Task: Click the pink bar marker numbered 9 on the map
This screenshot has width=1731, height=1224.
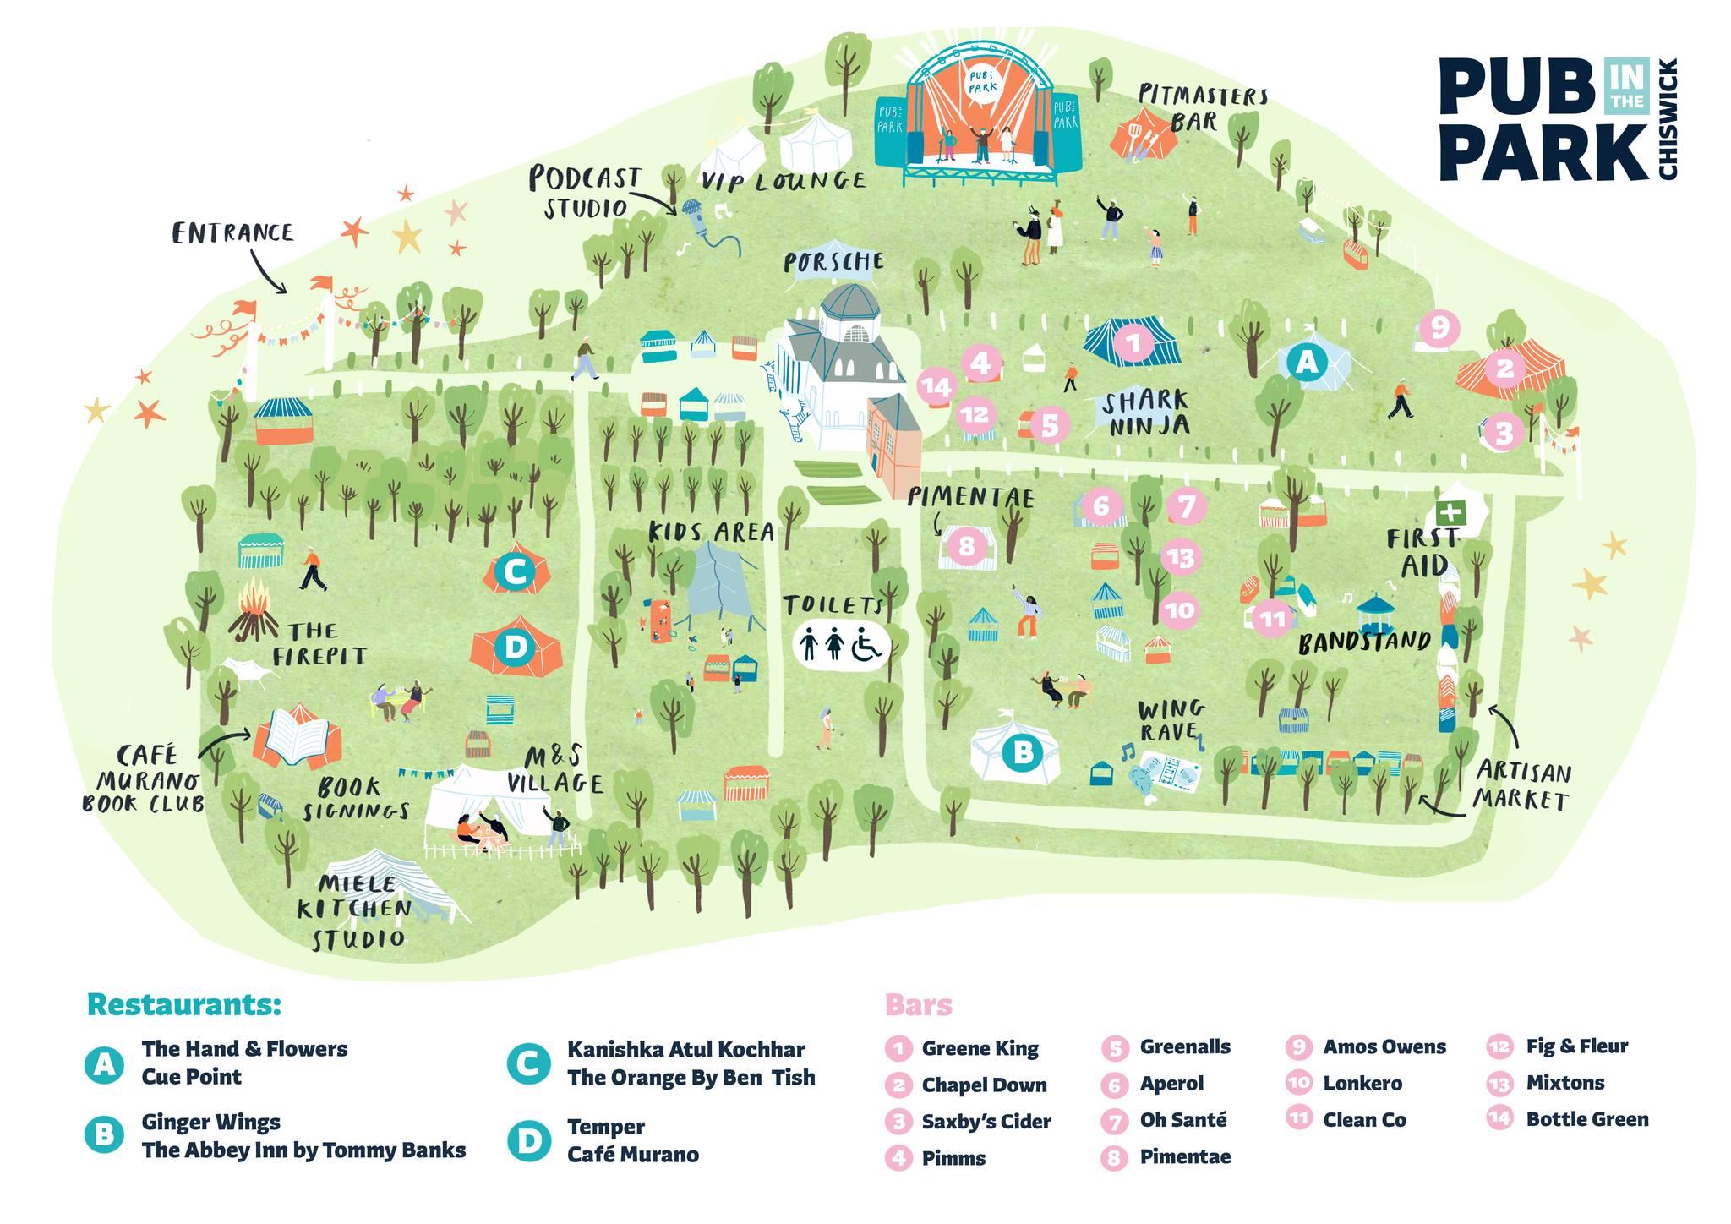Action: tap(1439, 326)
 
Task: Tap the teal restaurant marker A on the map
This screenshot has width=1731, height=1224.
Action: tap(1307, 362)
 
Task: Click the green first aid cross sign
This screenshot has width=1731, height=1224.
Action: tap(1450, 511)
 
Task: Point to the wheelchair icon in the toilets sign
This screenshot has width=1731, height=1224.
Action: tap(866, 644)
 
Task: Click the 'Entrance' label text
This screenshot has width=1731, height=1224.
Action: tap(232, 232)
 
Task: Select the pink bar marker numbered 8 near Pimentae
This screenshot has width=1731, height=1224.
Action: tap(967, 545)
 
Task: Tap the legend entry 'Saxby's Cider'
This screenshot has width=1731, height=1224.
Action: tap(986, 1122)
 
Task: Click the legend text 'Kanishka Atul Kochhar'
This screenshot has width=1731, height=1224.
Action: tap(685, 1049)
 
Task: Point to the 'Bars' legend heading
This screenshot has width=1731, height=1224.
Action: tap(918, 1005)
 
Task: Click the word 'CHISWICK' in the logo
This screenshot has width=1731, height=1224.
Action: tap(1668, 118)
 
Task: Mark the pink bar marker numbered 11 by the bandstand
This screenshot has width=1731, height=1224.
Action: tap(1271, 620)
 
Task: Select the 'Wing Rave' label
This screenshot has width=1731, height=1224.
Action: tap(1171, 719)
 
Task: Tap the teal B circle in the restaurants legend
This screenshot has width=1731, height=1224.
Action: tap(104, 1134)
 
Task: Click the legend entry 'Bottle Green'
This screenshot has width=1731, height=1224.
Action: tap(1586, 1119)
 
